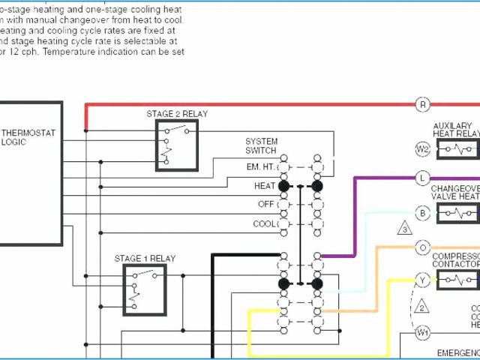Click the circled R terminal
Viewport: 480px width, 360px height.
pyautogui.click(x=422, y=105)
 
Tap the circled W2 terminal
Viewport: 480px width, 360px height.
pyautogui.click(x=422, y=148)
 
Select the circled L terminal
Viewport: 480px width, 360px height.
pyautogui.click(x=422, y=178)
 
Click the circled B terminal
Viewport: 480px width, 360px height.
pyautogui.click(x=422, y=214)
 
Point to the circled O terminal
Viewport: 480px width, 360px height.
pyautogui.click(x=422, y=247)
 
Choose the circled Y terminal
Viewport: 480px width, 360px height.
pyautogui.click(x=422, y=280)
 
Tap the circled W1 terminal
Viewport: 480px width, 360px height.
pyautogui.click(x=422, y=331)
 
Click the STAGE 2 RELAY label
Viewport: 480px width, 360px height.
pyautogui.click(x=177, y=114)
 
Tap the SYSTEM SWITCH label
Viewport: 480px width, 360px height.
pyautogui.click(x=261, y=145)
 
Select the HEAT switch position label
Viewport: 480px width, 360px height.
pyautogui.click(x=265, y=184)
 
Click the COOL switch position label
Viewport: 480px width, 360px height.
pyautogui.click(x=264, y=223)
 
